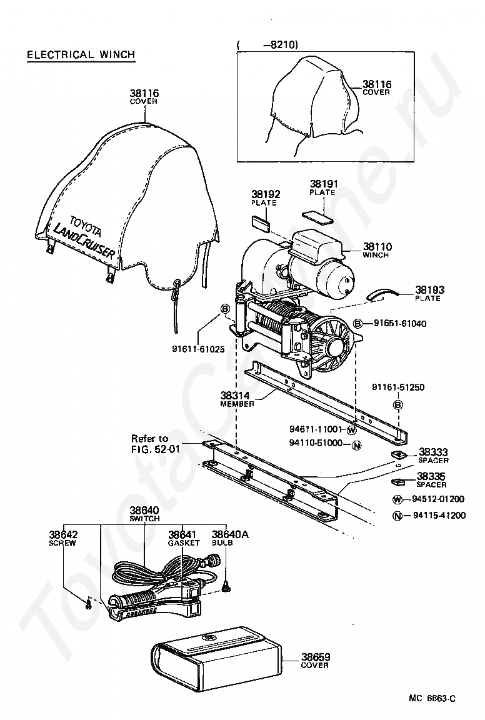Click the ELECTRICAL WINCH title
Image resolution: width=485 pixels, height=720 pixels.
click(81, 54)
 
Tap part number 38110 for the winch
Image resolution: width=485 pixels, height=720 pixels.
click(377, 247)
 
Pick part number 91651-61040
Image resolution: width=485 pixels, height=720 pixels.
click(400, 323)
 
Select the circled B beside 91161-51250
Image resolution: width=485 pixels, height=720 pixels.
click(397, 406)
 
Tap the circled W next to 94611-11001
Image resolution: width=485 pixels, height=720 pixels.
click(351, 430)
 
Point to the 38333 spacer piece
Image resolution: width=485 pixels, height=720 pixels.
click(397, 454)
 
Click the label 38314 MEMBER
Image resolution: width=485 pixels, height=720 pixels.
click(237, 399)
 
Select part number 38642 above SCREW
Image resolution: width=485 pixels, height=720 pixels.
click(63, 535)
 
